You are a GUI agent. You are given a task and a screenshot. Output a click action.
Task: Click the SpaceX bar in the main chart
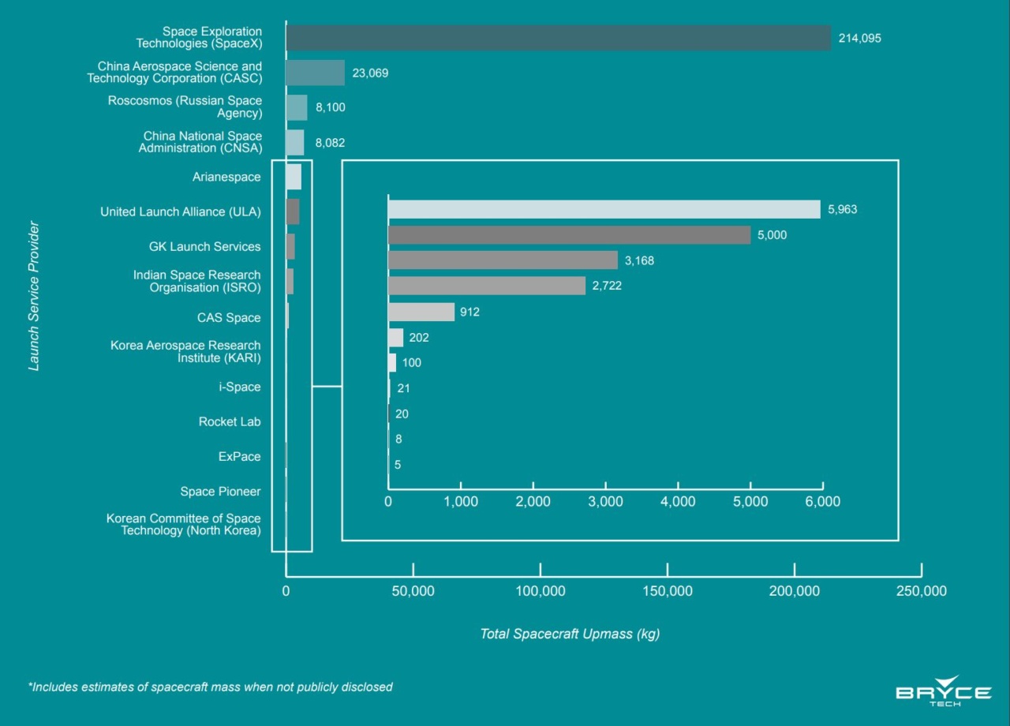558,38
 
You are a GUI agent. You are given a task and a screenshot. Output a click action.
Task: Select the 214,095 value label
859,39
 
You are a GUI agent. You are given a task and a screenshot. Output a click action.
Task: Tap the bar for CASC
315,73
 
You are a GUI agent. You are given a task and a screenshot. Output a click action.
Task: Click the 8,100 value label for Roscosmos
331,107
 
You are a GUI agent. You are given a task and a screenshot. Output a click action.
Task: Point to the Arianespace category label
226,178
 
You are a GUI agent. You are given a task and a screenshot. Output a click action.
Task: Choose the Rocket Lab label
230,422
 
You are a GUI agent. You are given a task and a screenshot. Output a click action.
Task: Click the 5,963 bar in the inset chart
604,209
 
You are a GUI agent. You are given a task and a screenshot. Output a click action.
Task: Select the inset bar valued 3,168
503,260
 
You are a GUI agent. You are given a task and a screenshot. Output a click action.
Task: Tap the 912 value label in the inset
469,312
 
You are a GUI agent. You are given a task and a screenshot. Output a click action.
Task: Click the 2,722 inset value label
607,286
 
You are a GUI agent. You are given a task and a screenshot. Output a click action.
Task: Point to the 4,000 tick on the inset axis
678,502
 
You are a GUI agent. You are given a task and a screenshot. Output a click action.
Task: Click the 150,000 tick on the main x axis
668,590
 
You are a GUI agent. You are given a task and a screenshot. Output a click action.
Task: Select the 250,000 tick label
922,590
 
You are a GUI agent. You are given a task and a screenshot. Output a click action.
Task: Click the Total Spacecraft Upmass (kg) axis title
570,634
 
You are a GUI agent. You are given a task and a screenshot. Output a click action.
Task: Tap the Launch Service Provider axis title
34,296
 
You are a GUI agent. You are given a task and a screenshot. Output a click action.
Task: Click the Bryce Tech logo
944,691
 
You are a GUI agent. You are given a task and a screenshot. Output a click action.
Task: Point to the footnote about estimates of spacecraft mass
210,687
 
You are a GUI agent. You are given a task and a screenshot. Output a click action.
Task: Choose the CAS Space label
229,318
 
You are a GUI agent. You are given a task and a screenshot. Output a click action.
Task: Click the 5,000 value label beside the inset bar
772,235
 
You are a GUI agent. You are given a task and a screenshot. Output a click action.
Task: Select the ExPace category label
239,457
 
